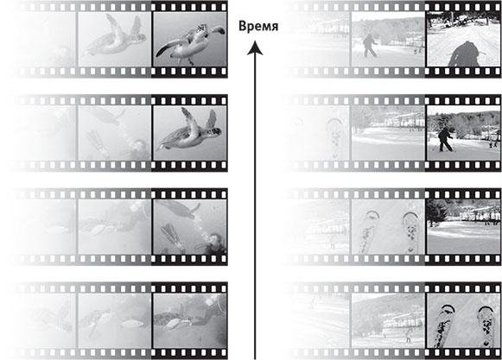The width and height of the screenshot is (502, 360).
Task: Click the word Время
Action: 258,26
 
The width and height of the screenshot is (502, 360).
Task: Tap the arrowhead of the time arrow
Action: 255,47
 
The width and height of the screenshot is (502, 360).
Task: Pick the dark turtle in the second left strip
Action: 190,130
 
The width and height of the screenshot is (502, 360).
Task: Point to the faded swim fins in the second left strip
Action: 95,140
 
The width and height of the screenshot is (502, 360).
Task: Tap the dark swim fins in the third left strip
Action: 173,237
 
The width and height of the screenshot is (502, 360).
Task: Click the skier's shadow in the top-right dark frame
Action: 465,54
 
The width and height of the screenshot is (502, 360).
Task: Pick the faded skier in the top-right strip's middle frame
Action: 370,46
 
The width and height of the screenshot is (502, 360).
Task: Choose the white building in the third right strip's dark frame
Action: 480,214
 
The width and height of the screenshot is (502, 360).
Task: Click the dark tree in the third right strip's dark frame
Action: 435,212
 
